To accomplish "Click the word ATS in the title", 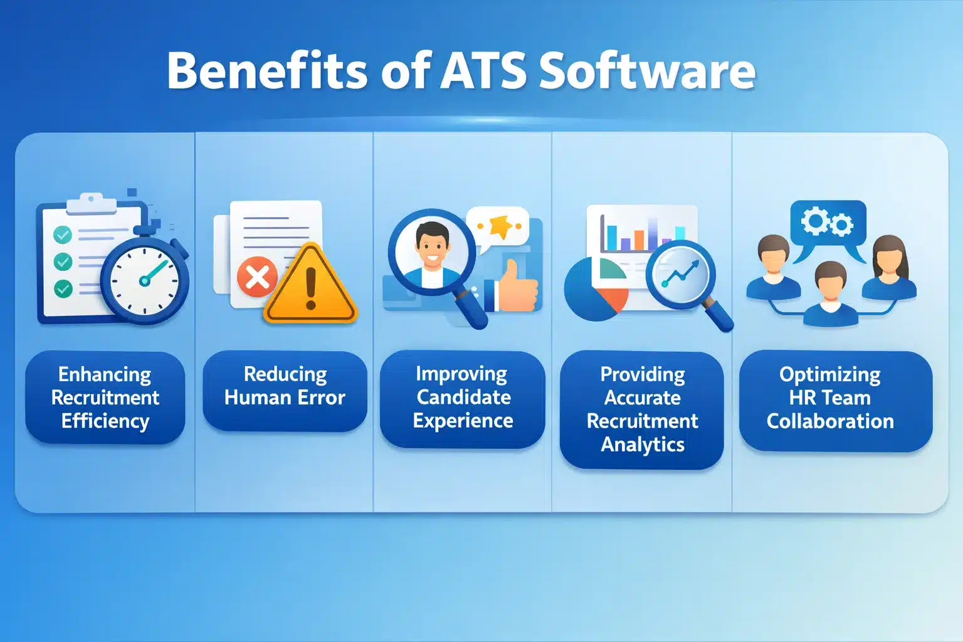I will coord(483,70).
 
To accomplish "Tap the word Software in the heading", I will coord(647,70).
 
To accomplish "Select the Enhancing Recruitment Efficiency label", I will coord(105,397).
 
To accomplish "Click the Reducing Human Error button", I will coord(285,386).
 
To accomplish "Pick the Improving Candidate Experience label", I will coord(463,397).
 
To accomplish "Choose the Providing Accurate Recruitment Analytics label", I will coord(642,409).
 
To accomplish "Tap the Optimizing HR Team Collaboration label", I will coord(829,397).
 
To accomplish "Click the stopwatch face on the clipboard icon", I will coord(145,280).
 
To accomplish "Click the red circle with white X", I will coord(257,276).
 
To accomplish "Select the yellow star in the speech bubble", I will coord(500,226).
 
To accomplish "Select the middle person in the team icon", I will coord(830,295).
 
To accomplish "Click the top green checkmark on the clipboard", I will coord(63,234).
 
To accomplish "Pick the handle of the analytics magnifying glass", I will coord(719,316).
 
